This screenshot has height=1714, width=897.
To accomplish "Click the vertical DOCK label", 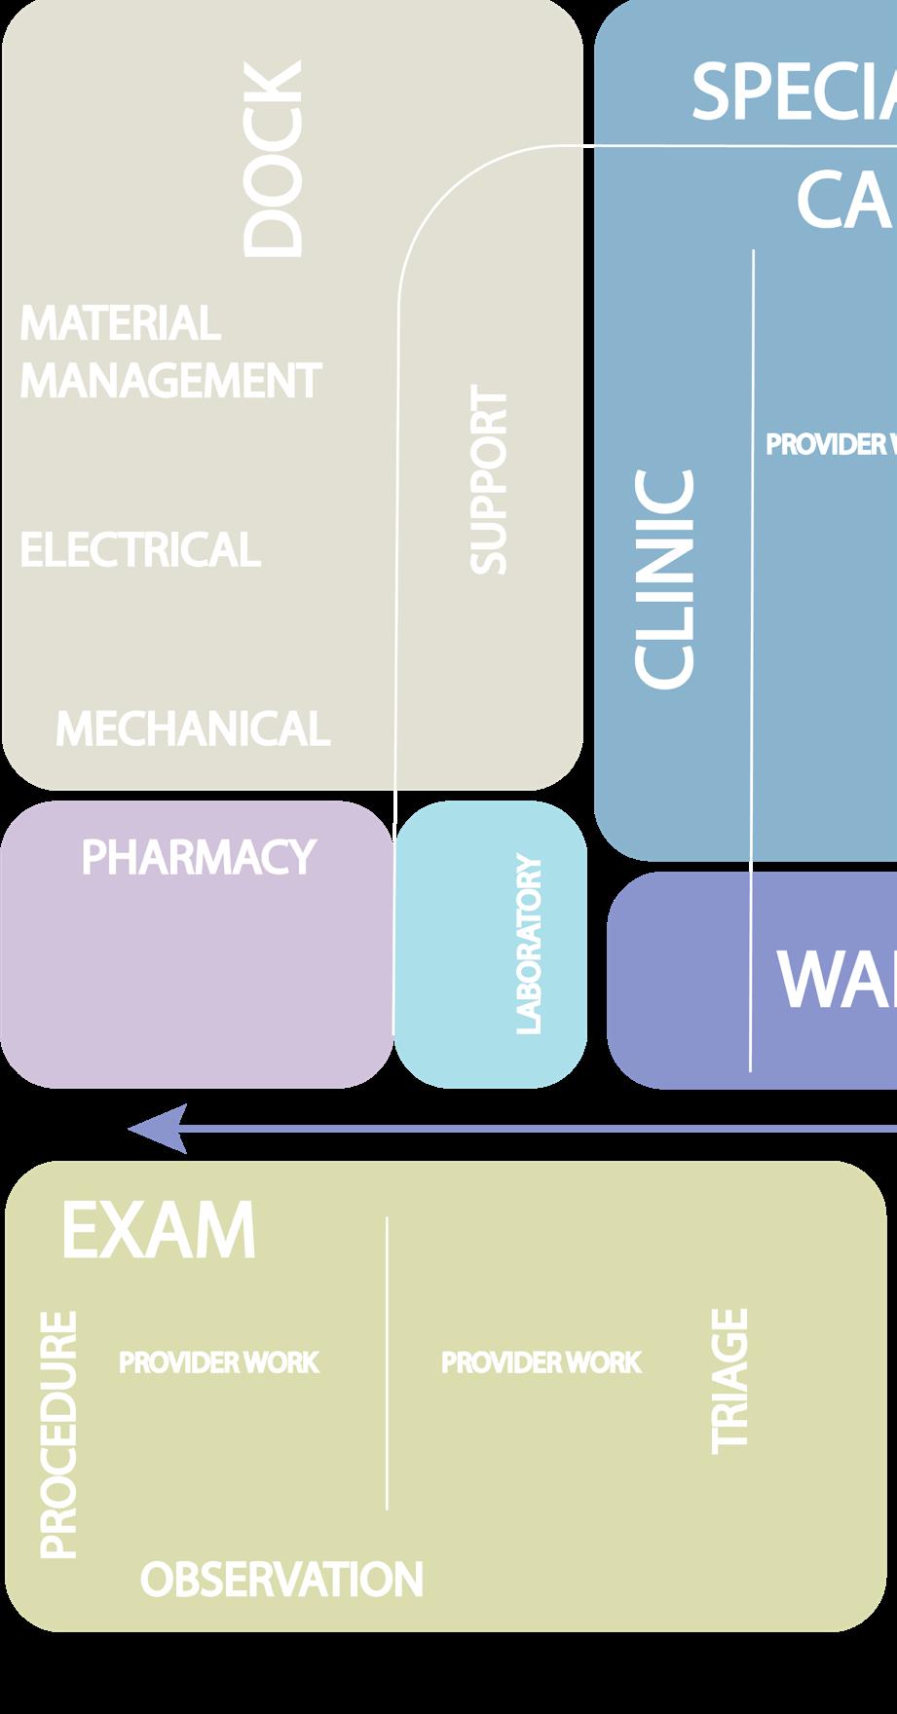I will [x=273, y=159].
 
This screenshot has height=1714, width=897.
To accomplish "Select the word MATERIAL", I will [x=120, y=323].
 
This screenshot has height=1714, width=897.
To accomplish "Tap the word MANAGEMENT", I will [x=170, y=380].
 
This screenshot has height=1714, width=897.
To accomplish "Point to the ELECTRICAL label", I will [x=140, y=550].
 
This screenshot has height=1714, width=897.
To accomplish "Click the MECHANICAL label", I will [x=193, y=728].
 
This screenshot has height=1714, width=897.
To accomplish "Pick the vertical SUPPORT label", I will [x=489, y=479].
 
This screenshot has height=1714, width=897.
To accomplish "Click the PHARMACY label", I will [x=199, y=857].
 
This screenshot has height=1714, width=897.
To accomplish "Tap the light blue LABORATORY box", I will [x=491, y=943].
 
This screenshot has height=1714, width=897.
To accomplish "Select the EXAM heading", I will [x=159, y=1231].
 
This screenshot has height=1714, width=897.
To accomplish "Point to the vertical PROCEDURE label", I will [x=57, y=1435].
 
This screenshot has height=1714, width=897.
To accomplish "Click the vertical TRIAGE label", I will [x=729, y=1381].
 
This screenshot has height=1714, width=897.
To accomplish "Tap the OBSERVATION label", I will [x=281, y=1580].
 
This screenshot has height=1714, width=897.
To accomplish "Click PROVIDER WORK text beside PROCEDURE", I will [x=219, y=1362].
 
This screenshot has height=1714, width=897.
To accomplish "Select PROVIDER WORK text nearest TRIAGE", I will [x=542, y=1362].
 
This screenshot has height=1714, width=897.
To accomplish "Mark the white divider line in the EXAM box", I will [x=387, y=1363].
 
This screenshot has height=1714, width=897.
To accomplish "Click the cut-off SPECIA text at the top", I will [x=794, y=93].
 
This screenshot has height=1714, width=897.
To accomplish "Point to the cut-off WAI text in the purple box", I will [x=836, y=980].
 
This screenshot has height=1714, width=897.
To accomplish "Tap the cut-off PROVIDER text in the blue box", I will [x=830, y=444].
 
